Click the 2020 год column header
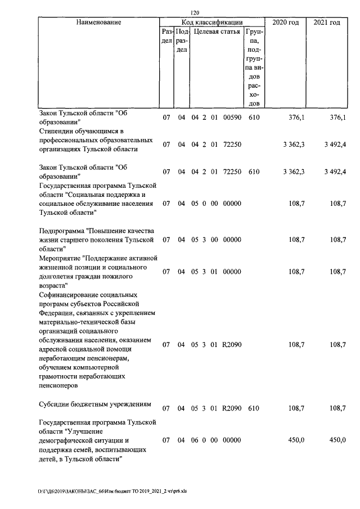point(285,22)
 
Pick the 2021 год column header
point(327,22)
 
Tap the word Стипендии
point(60,131)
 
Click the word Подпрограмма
point(65,231)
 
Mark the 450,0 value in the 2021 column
point(337,440)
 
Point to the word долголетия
point(61,277)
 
